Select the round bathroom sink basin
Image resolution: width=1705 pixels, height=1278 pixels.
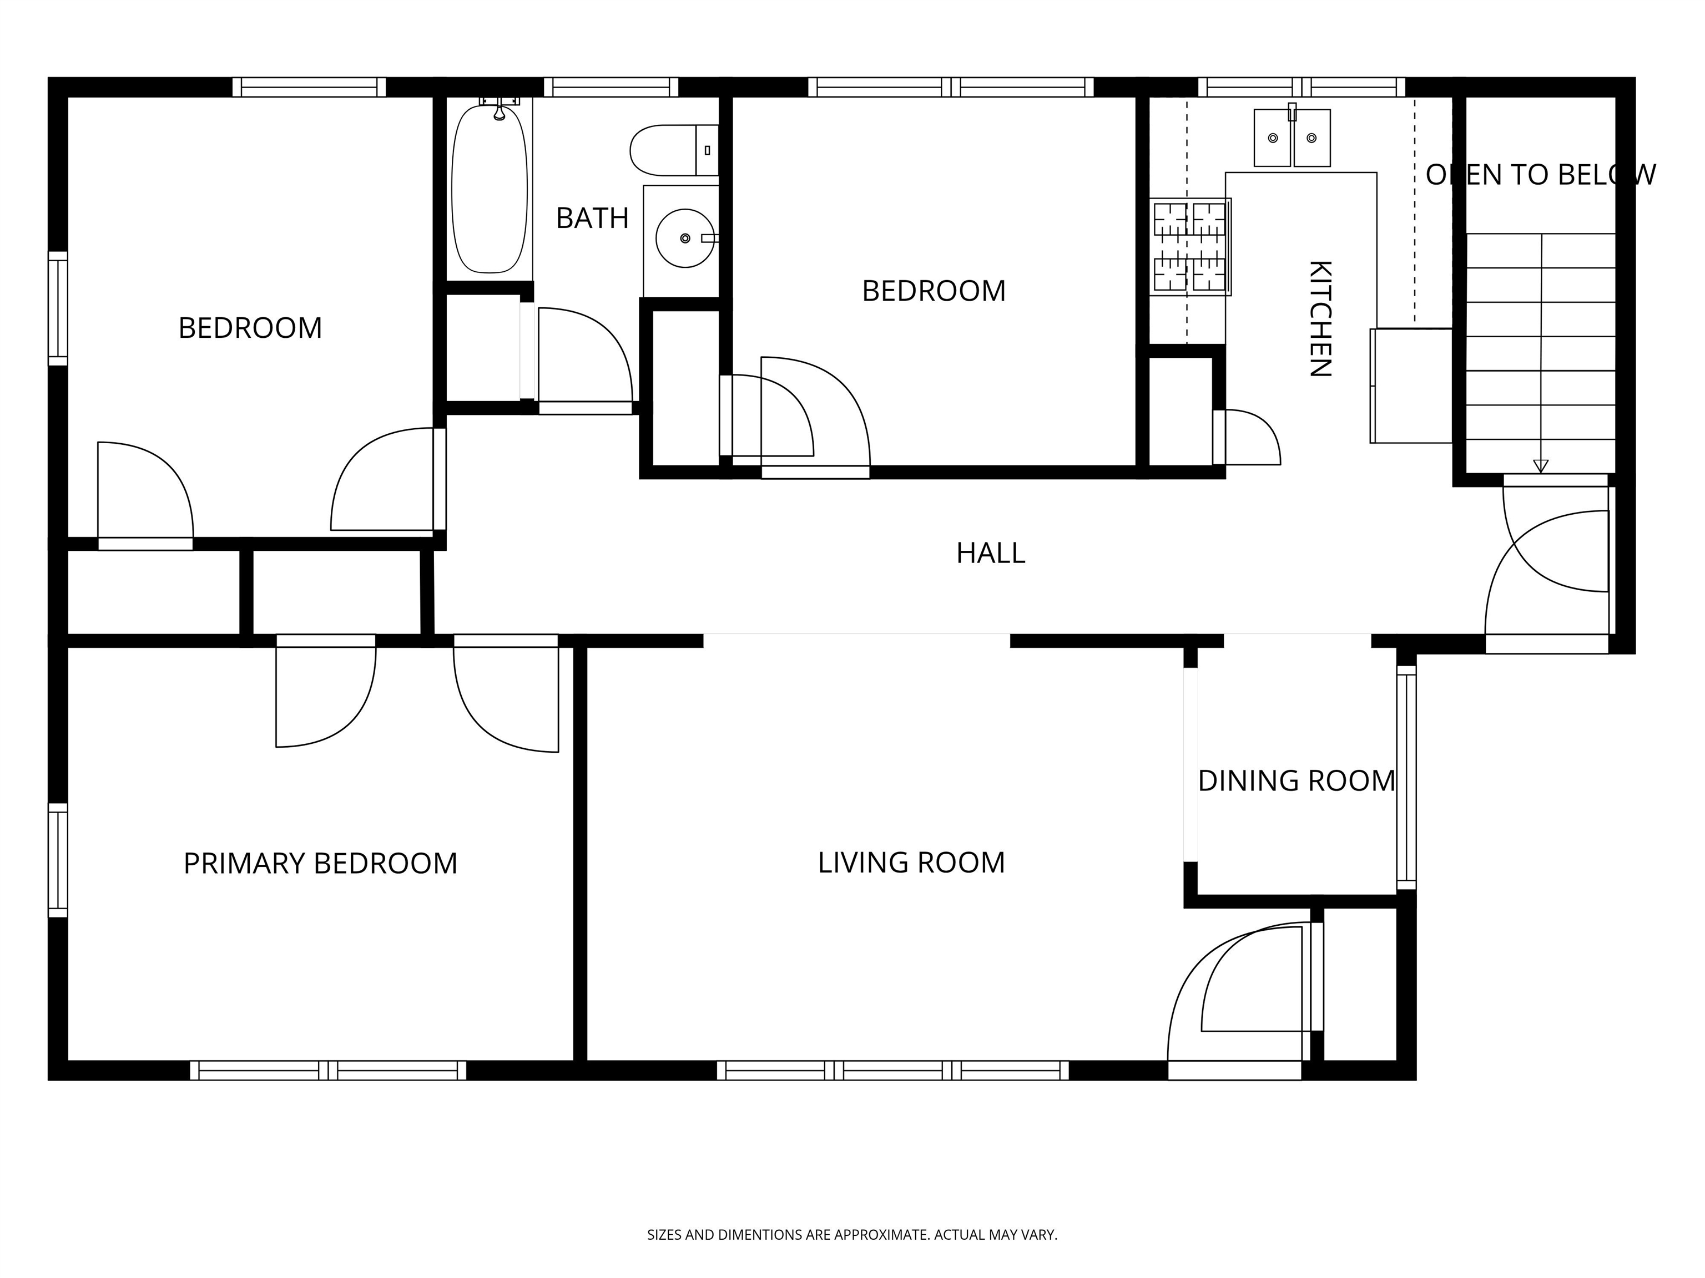[684, 238]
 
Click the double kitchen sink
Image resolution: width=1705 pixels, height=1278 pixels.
[1292, 138]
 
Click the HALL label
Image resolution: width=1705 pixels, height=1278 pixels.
[991, 553]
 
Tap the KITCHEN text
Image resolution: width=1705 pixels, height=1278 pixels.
[1320, 318]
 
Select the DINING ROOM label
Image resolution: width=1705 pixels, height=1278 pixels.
[1297, 781]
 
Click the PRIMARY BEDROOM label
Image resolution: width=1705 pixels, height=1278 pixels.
[320, 864]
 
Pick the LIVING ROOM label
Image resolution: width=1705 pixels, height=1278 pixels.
[911, 863]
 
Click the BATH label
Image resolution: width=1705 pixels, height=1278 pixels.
[592, 219]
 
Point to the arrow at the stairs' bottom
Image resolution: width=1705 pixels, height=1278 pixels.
[1540, 465]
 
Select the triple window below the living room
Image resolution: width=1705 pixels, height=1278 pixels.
[892, 1070]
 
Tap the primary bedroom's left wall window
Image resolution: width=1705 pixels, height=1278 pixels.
[58, 860]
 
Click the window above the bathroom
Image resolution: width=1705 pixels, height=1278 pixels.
[611, 87]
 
